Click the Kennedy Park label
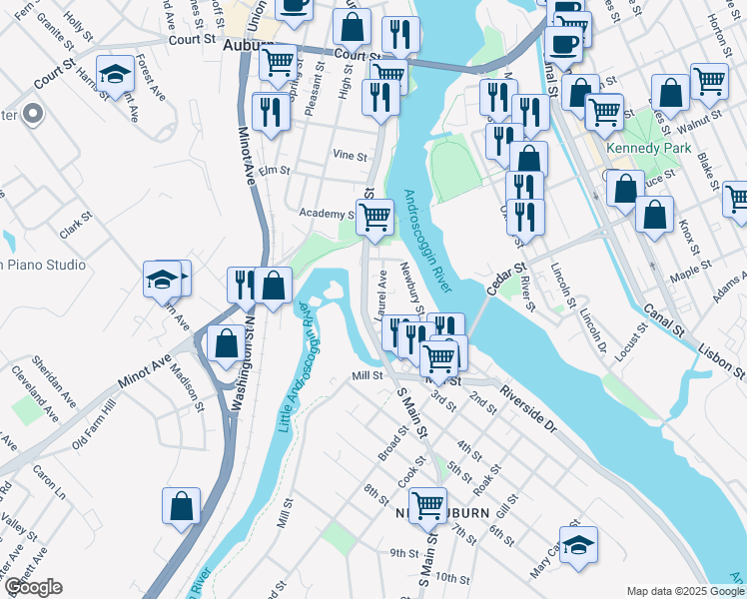point(662,148)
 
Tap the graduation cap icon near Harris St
point(116,74)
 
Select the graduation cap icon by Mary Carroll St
point(578,545)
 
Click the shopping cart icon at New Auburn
point(427,505)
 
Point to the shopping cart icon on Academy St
point(374,215)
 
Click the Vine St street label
point(350,155)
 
